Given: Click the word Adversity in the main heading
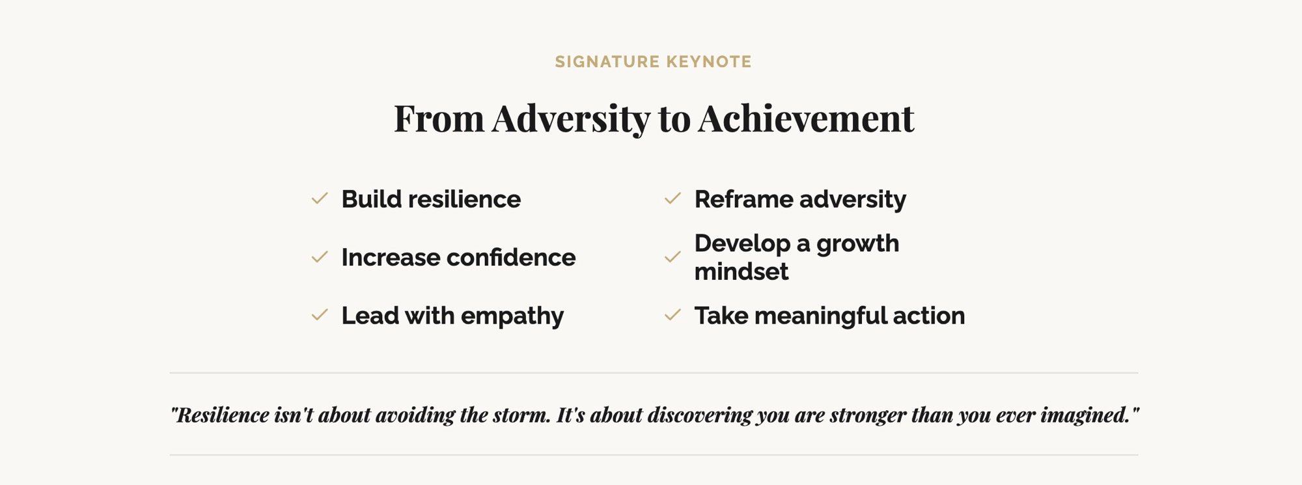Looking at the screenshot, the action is click(x=571, y=118).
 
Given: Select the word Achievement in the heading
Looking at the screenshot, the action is click(x=806, y=118).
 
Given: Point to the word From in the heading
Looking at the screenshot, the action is click(x=439, y=118).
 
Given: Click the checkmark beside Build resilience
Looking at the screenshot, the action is click(x=320, y=199).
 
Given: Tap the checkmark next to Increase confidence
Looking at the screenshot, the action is click(x=320, y=257).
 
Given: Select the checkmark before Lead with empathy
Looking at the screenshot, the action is click(x=320, y=315).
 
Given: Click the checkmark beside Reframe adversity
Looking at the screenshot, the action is click(x=672, y=199).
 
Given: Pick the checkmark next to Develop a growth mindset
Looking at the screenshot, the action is click(x=672, y=257).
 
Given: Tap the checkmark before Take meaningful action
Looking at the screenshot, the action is click(x=672, y=315).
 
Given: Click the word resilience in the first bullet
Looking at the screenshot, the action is click(x=464, y=199).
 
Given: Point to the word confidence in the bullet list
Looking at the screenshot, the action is click(x=512, y=258).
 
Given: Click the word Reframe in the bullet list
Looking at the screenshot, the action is click(x=743, y=199).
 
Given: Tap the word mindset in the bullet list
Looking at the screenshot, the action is click(x=741, y=271).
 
